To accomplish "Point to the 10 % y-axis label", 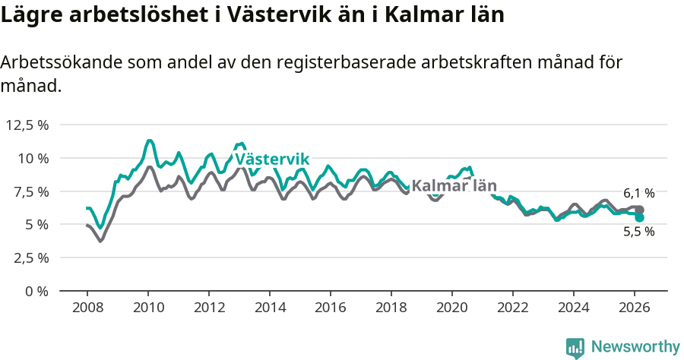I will tap(33, 158).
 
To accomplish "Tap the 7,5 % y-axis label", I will tap(30, 191).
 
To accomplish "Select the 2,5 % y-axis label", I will tap(30, 257).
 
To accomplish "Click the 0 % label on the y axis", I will tap(36, 291).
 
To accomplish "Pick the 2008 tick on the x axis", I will tap(87, 307).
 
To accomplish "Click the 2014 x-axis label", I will tap(270, 307).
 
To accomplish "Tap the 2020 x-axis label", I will tap(452, 307).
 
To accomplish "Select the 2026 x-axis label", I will tap(635, 307).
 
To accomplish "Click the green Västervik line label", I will tap(272, 159).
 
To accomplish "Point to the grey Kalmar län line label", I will tap(454, 186).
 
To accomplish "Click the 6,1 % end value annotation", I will tap(639, 194).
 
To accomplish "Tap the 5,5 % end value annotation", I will tap(639, 232).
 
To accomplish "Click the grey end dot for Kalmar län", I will tap(640, 210).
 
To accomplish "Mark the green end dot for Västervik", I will tap(640, 218).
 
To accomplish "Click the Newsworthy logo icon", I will tap(575, 347).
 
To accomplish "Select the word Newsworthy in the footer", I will tap(635, 347).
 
